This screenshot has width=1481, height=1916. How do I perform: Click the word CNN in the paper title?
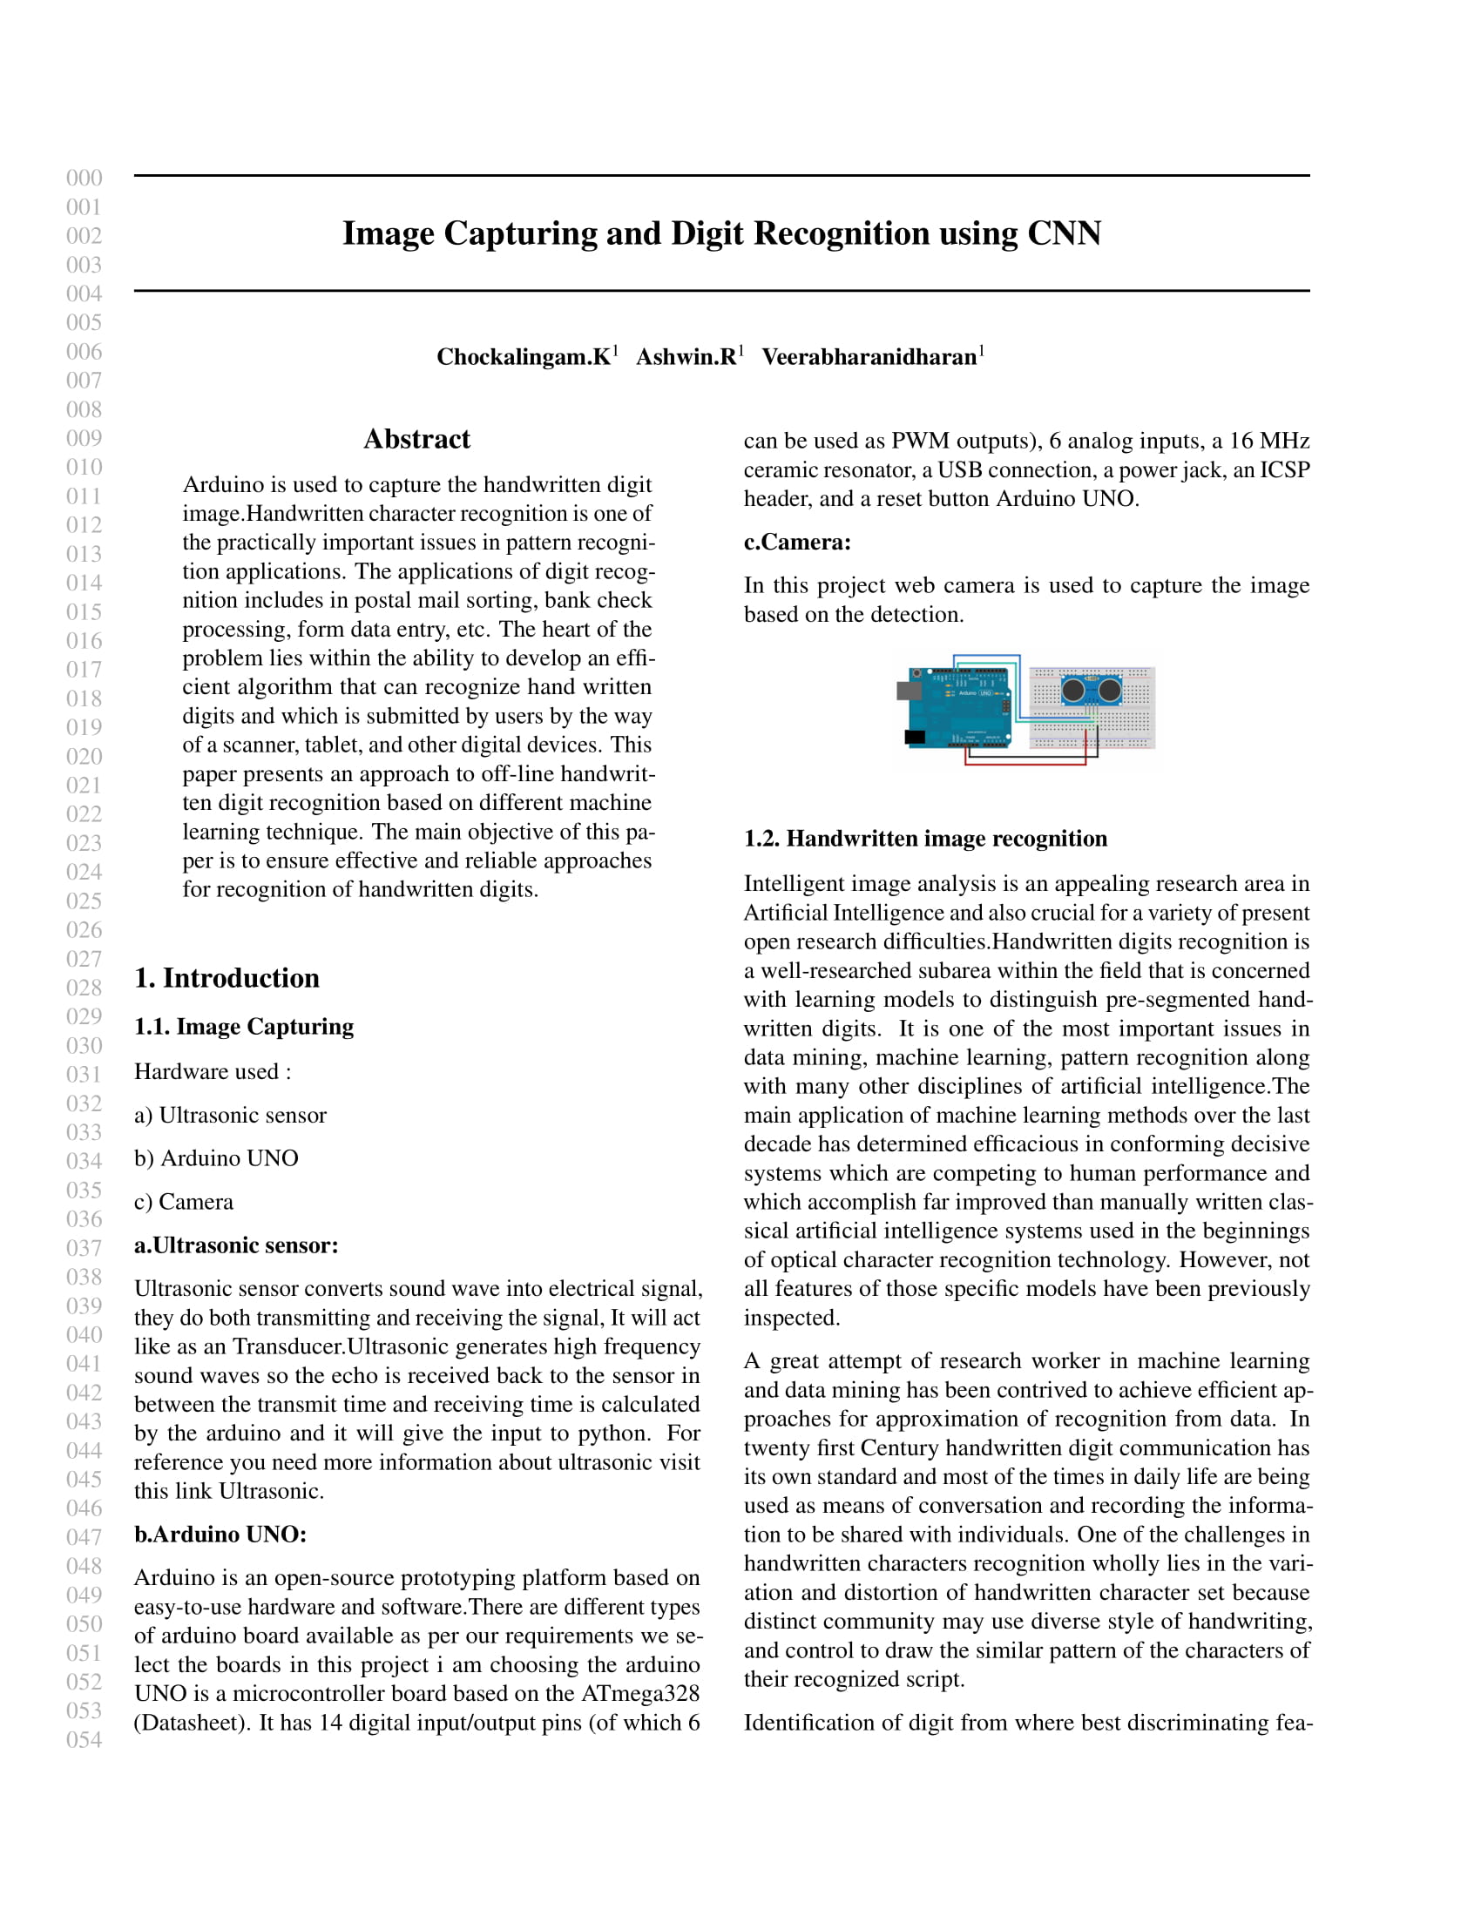[x=1064, y=234]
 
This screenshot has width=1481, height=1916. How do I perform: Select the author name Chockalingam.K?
[x=523, y=357]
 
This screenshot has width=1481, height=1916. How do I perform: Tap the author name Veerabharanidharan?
[x=869, y=357]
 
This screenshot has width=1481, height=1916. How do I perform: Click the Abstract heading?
[x=416, y=439]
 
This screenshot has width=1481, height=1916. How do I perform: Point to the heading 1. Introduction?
[x=227, y=978]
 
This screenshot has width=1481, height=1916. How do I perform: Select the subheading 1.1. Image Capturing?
[x=244, y=1027]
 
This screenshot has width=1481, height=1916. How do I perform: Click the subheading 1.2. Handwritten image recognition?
[x=924, y=839]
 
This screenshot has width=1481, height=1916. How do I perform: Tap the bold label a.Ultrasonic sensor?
[x=236, y=1245]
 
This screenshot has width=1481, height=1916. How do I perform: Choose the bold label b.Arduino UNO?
[x=220, y=1535]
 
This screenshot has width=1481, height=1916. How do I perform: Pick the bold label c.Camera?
[x=796, y=543]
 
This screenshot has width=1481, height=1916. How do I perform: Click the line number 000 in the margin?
[x=85, y=178]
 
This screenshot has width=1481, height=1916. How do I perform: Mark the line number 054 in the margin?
[x=85, y=1740]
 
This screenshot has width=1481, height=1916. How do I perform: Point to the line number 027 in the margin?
[x=85, y=959]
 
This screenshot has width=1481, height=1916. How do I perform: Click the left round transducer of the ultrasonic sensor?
[x=1073, y=691]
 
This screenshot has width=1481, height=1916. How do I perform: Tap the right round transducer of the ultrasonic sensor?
[x=1110, y=691]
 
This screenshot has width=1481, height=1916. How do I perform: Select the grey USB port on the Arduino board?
[x=907, y=691]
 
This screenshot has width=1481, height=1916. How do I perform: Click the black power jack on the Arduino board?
[x=915, y=737]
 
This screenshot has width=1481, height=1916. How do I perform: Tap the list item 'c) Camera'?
[x=183, y=1202]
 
